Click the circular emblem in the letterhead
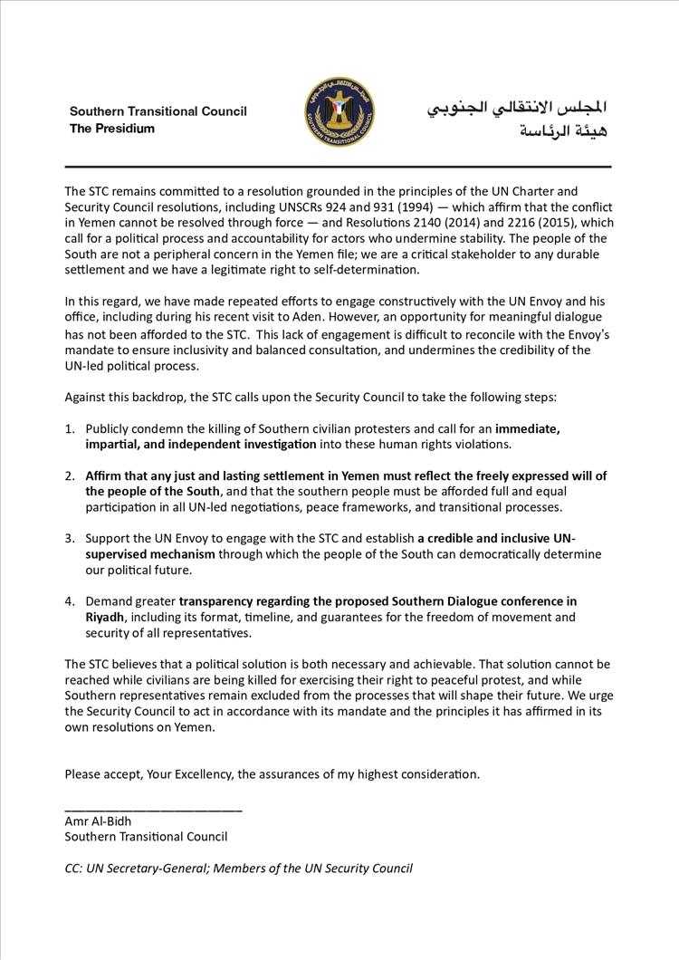339,112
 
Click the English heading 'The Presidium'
112,129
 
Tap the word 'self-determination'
364,269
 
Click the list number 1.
70,429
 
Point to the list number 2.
70,475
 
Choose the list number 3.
70,539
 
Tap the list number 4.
70,601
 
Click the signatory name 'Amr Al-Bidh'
98,821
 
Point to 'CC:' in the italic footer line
77,868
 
